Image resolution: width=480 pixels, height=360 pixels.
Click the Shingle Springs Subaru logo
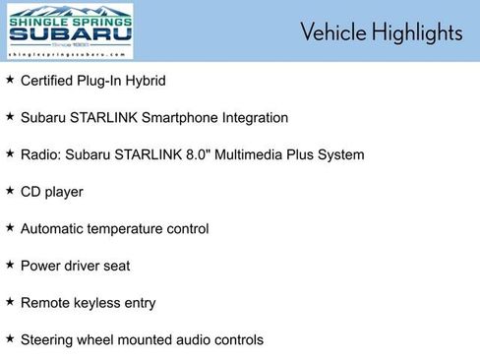[x=69, y=32]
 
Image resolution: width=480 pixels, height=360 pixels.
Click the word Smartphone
[x=180, y=117]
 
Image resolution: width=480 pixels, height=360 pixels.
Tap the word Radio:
[x=41, y=154]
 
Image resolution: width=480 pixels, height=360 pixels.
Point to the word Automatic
[x=54, y=229]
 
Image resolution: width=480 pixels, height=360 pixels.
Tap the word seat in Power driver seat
[x=115, y=266]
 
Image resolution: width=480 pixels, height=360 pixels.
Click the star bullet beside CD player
[x=10, y=190]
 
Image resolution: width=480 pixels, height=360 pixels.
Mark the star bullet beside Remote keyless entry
[x=10, y=301]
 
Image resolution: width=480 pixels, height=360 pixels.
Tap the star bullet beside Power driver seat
[x=10, y=264]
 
